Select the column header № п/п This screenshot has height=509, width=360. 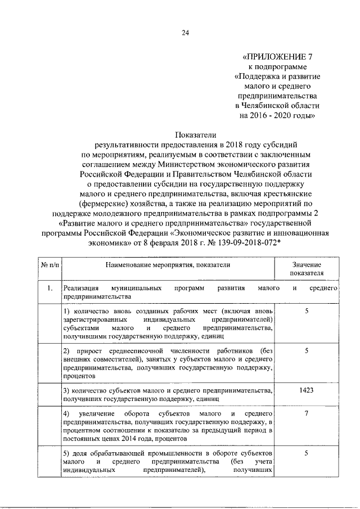49,264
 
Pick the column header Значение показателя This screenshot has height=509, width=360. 307,269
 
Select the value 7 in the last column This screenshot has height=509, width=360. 307,414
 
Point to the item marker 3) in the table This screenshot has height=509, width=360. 66,390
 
